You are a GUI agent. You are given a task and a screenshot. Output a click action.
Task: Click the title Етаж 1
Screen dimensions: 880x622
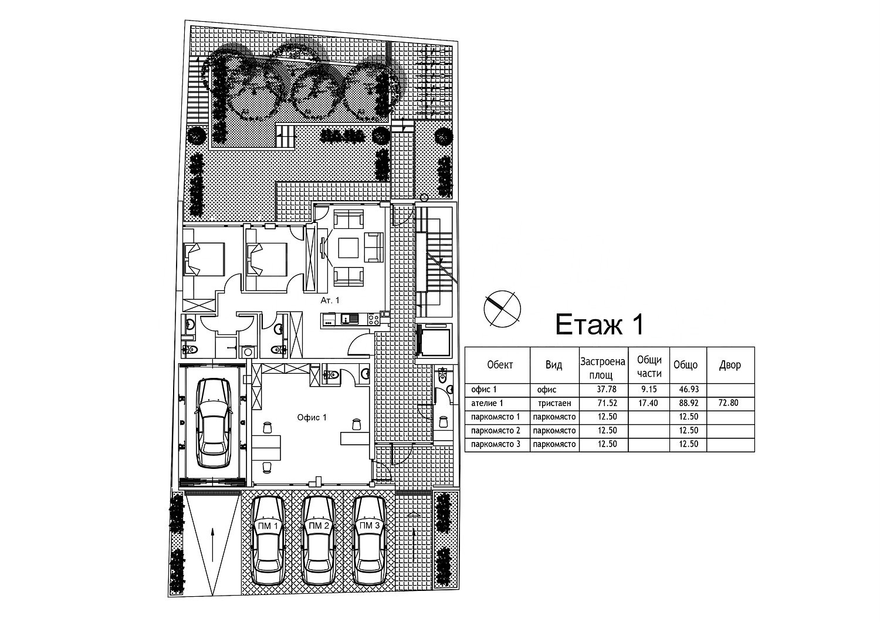click(600, 324)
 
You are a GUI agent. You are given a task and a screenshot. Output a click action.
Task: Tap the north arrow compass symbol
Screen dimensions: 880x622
click(502, 309)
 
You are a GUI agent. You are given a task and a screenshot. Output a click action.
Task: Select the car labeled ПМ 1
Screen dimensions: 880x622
click(268, 540)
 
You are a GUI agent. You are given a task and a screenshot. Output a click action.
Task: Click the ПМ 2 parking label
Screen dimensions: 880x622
click(319, 526)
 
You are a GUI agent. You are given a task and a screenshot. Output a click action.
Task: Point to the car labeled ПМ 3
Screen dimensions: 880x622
click(369, 540)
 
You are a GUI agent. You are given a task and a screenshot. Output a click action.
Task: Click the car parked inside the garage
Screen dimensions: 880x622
click(214, 423)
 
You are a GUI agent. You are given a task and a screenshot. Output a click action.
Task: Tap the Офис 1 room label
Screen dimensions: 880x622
click(312, 417)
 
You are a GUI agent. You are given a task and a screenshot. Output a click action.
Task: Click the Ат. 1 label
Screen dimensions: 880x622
click(330, 300)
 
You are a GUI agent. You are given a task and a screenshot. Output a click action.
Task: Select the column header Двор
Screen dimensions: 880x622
click(730, 365)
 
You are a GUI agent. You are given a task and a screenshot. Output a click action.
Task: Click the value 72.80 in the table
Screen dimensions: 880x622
click(729, 403)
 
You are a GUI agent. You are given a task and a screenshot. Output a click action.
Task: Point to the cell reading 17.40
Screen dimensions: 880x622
click(648, 403)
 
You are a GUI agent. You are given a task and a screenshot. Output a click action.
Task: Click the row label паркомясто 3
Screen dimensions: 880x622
click(495, 444)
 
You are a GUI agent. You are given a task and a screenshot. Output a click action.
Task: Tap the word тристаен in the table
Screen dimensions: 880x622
click(554, 403)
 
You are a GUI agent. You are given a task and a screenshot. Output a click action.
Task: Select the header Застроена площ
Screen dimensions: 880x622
click(603, 368)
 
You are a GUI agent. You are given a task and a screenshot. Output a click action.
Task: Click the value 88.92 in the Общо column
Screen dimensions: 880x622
click(689, 403)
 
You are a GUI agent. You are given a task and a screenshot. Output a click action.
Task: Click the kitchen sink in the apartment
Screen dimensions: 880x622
click(350, 318)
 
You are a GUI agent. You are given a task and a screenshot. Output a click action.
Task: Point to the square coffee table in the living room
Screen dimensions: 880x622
click(348, 248)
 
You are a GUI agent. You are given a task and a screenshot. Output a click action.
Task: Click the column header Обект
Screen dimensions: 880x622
click(500, 365)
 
